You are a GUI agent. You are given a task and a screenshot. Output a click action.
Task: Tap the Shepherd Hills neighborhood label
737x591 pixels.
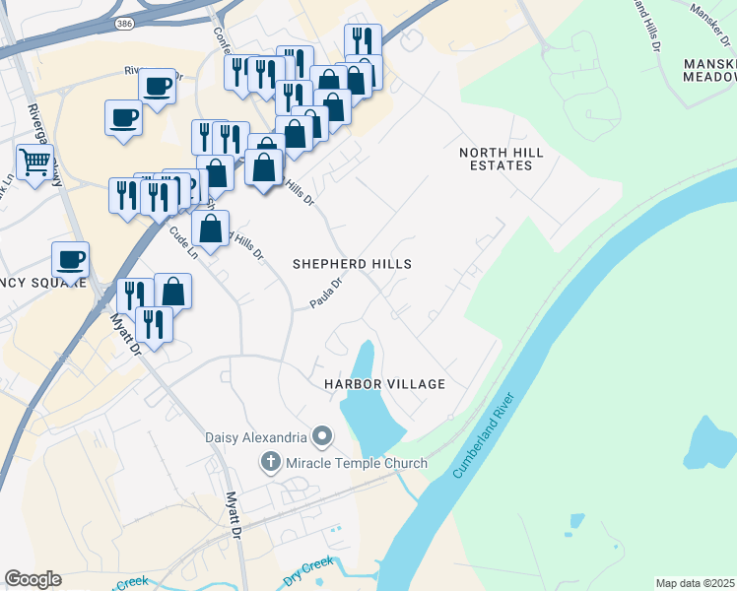352,264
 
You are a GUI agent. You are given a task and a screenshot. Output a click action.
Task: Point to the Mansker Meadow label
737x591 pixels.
708,70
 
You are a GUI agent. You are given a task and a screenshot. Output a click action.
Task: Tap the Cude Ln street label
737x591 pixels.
184,241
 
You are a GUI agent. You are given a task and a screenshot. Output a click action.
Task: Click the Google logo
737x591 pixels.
33,579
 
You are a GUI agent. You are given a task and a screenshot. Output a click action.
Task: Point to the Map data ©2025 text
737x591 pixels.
695,583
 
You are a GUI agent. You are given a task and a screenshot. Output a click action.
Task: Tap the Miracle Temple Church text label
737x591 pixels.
356,463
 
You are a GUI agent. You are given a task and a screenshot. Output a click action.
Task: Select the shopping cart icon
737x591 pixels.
34,162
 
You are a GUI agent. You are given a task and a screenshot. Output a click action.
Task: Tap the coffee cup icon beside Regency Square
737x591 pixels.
70,259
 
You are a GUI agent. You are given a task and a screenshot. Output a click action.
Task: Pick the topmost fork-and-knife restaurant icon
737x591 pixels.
363,40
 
